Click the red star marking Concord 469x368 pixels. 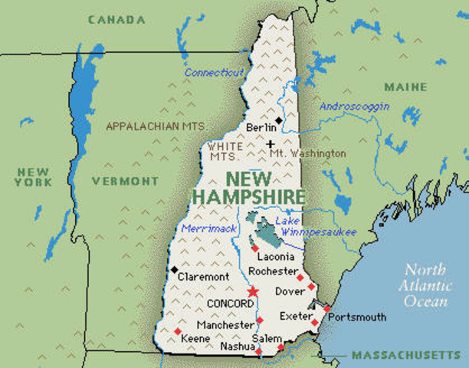tap(254, 292)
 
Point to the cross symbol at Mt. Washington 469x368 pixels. tap(271, 143)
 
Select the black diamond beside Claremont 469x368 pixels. tap(175, 269)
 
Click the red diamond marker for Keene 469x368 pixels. tap(178, 331)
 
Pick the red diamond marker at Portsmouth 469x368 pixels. tap(327, 309)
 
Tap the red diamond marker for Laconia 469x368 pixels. tap(254, 248)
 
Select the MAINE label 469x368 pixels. tap(405, 87)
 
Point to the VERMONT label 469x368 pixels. tap(125, 181)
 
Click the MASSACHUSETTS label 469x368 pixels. tap(406, 356)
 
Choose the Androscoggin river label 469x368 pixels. tap(354, 107)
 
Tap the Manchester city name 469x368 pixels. tap(224, 324)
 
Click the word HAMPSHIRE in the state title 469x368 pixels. tap(248, 197)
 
